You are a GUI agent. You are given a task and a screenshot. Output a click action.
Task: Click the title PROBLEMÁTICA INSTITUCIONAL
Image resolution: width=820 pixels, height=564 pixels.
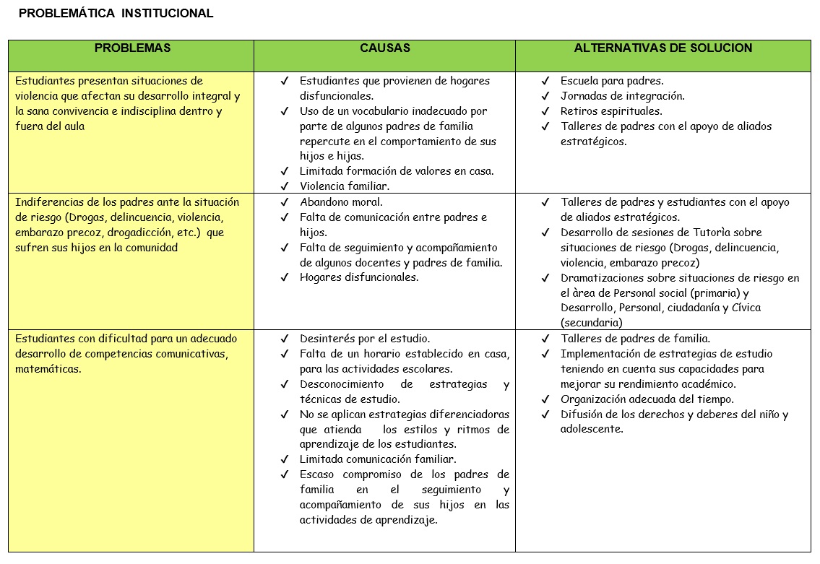(x=116, y=13)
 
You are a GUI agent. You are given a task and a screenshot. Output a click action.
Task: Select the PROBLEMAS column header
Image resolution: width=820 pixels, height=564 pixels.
(x=132, y=48)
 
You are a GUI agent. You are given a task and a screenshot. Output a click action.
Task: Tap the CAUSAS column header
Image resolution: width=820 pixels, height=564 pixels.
(x=384, y=48)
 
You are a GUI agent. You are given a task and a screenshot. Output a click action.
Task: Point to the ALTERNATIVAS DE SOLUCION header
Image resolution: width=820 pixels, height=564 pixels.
(x=663, y=48)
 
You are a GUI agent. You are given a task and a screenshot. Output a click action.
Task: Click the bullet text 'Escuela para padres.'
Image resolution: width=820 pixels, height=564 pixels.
(x=611, y=81)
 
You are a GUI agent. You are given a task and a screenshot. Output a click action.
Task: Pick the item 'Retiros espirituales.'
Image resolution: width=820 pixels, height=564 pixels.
(x=610, y=111)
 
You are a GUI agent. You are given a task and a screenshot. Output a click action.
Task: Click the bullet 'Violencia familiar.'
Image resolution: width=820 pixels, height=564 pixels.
(x=344, y=186)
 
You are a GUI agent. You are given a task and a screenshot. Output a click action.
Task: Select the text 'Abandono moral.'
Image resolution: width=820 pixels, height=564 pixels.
(x=341, y=202)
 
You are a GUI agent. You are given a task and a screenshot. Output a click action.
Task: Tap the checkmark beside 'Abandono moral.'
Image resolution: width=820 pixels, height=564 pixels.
(x=285, y=202)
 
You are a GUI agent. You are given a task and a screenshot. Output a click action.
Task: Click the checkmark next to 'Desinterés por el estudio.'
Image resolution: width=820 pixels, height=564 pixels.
(x=285, y=339)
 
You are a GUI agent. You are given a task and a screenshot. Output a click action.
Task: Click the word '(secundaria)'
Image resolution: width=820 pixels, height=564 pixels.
(x=591, y=323)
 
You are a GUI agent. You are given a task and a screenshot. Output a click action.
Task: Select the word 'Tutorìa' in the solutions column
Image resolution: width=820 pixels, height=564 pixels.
(x=709, y=233)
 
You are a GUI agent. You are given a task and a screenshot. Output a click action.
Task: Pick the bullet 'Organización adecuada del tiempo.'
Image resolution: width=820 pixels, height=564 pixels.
(x=647, y=399)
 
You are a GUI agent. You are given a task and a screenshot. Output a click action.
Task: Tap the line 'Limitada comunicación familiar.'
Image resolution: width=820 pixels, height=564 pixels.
(x=378, y=459)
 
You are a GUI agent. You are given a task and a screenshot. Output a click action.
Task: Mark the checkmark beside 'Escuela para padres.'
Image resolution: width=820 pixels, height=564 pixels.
(x=545, y=81)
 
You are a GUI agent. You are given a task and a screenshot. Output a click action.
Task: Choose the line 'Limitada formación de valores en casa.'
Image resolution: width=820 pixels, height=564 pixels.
(x=397, y=171)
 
